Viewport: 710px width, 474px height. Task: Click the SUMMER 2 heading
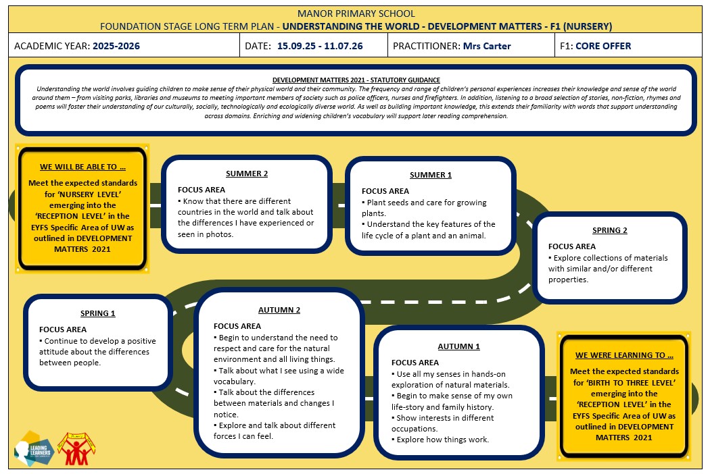(247, 174)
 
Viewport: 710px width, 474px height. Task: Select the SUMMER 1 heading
(431, 175)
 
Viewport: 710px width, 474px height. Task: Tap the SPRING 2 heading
(610, 230)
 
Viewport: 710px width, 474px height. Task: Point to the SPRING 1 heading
(98, 313)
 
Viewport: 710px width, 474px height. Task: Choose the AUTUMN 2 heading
(279, 311)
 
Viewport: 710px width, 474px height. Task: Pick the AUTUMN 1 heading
(458, 346)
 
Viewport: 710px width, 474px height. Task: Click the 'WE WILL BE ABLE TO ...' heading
(83, 167)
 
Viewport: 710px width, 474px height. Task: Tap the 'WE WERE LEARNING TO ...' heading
(624, 355)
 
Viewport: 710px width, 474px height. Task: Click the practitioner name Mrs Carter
(487, 46)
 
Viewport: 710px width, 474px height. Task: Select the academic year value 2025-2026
(116, 46)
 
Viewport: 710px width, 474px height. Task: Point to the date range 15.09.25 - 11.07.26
(320, 46)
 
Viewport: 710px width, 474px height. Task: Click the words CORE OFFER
(603, 46)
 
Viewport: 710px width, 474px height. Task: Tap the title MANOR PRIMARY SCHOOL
(356, 14)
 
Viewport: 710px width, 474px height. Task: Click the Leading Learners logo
(35, 448)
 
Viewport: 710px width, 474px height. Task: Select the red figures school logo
(76, 448)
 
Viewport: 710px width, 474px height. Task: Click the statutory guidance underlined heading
(356, 80)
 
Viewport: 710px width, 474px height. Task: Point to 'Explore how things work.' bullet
(440, 440)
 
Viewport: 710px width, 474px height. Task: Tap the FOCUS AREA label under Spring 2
(572, 246)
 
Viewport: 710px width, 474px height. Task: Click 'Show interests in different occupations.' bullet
(442, 423)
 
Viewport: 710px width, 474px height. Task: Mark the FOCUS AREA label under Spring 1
(63, 330)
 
